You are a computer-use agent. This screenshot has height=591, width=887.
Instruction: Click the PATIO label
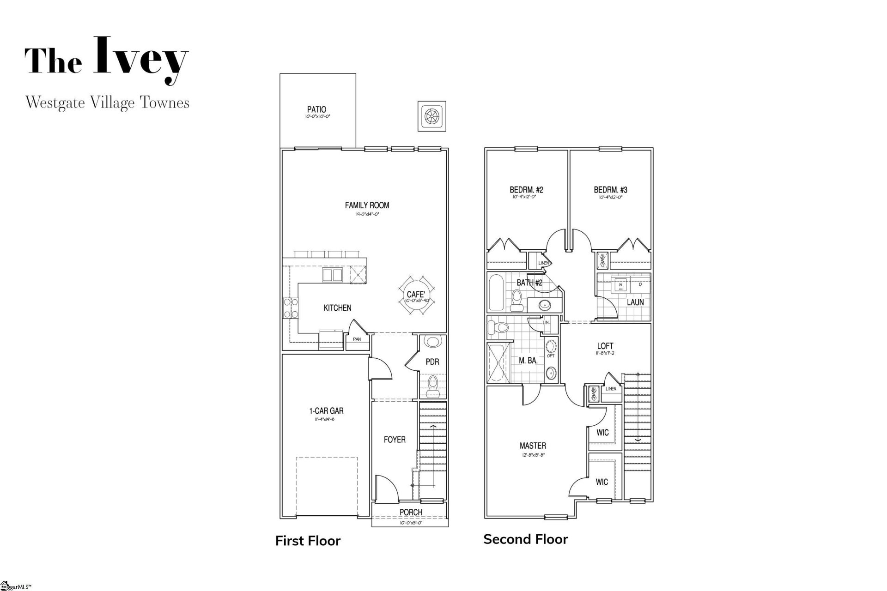pos(316,109)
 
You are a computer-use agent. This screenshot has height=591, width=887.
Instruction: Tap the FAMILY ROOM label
pos(367,205)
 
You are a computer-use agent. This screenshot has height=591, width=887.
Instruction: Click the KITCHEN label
pos(337,308)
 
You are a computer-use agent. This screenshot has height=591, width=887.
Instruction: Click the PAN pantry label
pos(357,339)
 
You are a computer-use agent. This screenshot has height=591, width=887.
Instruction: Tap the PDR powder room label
pos(432,362)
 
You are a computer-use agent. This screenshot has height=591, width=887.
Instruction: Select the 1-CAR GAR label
pos(326,411)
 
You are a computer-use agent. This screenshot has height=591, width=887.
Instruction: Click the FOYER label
pos(395,440)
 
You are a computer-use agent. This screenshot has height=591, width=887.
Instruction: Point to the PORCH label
pos(411,512)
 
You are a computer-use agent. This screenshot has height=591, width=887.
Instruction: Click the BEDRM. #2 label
pos(526,190)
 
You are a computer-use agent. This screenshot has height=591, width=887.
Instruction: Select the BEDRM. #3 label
pos(610,190)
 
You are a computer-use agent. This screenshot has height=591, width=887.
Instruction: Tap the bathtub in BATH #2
pos(497,293)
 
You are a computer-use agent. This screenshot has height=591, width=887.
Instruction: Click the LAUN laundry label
pos(635,302)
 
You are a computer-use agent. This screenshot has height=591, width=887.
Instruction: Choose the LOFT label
pos(605,346)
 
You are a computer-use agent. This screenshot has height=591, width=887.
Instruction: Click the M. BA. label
pos(528,361)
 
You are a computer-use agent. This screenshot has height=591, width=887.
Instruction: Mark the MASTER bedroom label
pos(533,446)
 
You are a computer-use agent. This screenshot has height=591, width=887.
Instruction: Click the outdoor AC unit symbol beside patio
pos(431,115)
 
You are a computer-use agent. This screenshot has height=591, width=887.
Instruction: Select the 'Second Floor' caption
pos(525,539)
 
